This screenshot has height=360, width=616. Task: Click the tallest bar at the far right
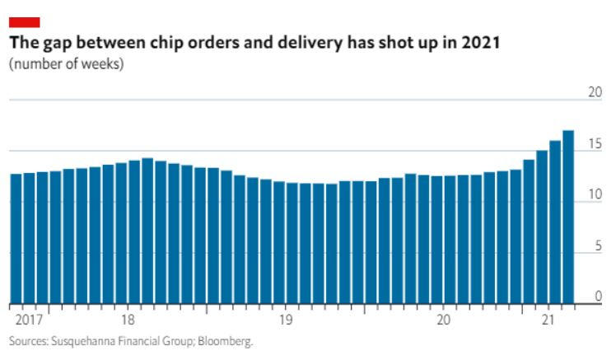[568, 217]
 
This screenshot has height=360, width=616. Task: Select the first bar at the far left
[16, 239]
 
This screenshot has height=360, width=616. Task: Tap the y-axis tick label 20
[595, 92]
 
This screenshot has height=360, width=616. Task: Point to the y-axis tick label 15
[595, 144]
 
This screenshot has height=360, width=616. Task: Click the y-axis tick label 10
[595, 194]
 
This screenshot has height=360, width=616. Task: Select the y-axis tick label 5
[599, 246]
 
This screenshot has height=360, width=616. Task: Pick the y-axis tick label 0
[599, 297]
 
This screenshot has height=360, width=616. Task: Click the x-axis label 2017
[29, 320]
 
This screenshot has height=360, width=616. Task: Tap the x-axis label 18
[128, 320]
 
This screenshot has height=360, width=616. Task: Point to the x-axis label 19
[286, 320]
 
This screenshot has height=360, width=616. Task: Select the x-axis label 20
[444, 320]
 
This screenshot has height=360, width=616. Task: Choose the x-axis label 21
[548, 320]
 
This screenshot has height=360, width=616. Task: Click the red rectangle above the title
[25, 22]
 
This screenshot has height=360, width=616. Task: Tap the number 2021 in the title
[480, 43]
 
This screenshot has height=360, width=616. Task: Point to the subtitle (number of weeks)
[67, 63]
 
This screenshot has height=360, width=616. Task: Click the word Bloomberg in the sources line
[225, 341]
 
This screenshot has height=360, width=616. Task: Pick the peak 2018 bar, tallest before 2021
[147, 231]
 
